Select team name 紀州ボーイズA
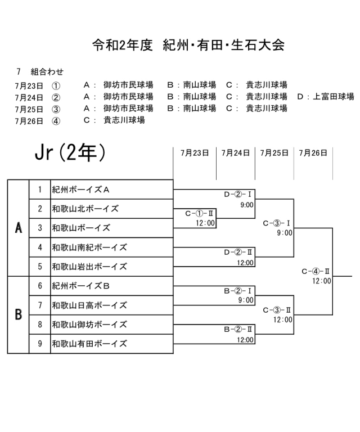80,190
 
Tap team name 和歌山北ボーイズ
85,209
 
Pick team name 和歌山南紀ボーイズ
89,247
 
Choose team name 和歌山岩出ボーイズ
89,267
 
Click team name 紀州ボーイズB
80,286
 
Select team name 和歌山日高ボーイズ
89,305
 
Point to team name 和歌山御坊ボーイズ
89,325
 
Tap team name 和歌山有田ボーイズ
89,344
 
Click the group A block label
18,228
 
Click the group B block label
18,315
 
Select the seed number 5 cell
40,267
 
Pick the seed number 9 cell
40,344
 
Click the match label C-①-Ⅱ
200,214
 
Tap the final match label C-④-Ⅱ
316,271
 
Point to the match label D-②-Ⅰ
238,195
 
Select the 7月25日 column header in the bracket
274,152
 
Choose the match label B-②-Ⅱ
238,330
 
